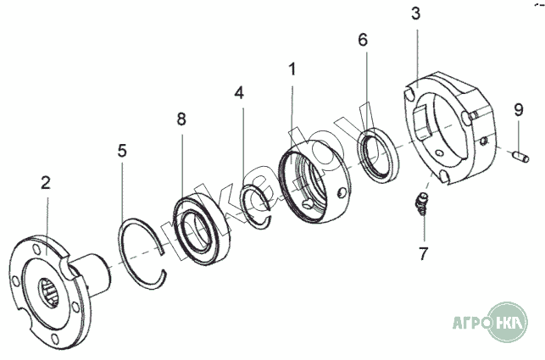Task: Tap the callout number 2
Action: (x=46, y=182)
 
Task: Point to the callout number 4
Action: (x=241, y=92)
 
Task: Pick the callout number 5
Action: (x=122, y=152)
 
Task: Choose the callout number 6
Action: (x=363, y=40)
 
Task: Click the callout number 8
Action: (x=181, y=119)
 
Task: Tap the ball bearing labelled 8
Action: (x=203, y=227)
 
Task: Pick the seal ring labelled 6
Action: (x=376, y=158)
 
